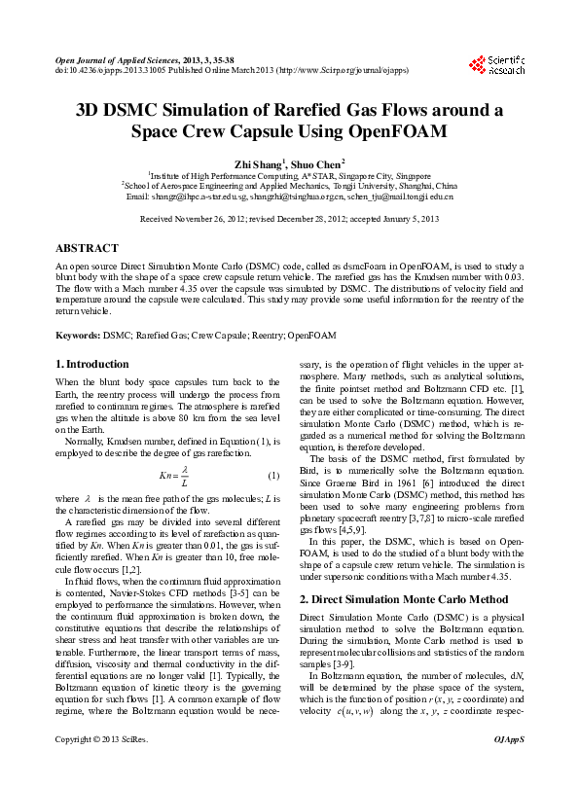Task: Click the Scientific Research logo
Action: (x=497, y=65)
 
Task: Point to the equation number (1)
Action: (x=273, y=475)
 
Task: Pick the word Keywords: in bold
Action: (x=78, y=336)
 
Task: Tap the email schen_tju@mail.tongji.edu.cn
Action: (x=399, y=196)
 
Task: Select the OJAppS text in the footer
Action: (x=508, y=767)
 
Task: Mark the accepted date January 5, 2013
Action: (x=412, y=221)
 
